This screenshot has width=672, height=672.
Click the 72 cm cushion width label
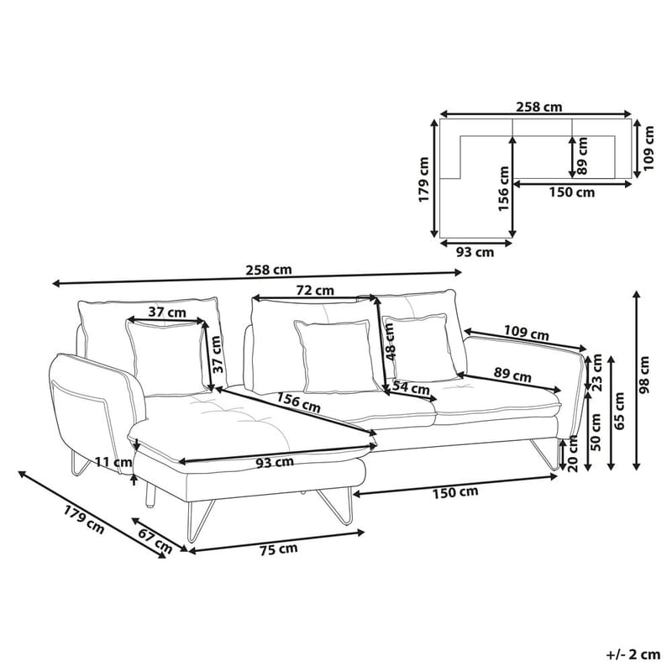pyautogui.click(x=315, y=291)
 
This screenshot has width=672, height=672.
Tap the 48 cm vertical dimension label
pyautogui.click(x=390, y=342)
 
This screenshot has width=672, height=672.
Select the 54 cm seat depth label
pyautogui.click(x=411, y=388)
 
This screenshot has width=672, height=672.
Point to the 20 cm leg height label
pyautogui.click(x=574, y=455)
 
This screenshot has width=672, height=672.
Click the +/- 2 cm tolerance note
pyautogui.click(x=631, y=653)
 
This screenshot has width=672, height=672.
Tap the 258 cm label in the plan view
pyautogui.click(x=538, y=107)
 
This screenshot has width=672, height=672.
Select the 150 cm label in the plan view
pyautogui.click(x=571, y=192)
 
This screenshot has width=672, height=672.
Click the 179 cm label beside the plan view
pyautogui.click(x=425, y=179)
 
